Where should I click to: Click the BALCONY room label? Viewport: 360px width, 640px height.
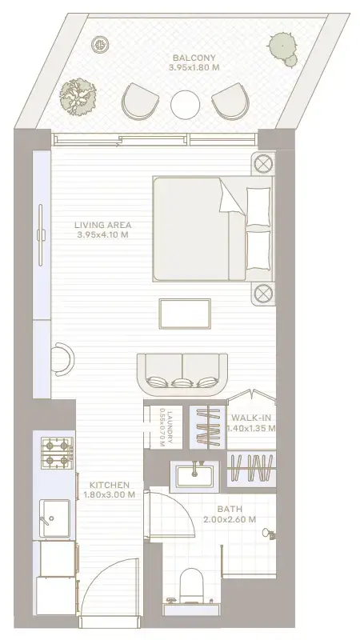194,58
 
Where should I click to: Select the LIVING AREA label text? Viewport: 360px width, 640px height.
103,225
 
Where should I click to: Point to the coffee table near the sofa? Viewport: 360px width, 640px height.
185,313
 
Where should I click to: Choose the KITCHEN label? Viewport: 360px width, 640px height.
109,485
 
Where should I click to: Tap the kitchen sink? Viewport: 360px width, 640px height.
54,516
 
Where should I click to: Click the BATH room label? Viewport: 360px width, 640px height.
230,509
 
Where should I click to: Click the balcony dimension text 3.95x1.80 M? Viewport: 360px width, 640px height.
194,68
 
